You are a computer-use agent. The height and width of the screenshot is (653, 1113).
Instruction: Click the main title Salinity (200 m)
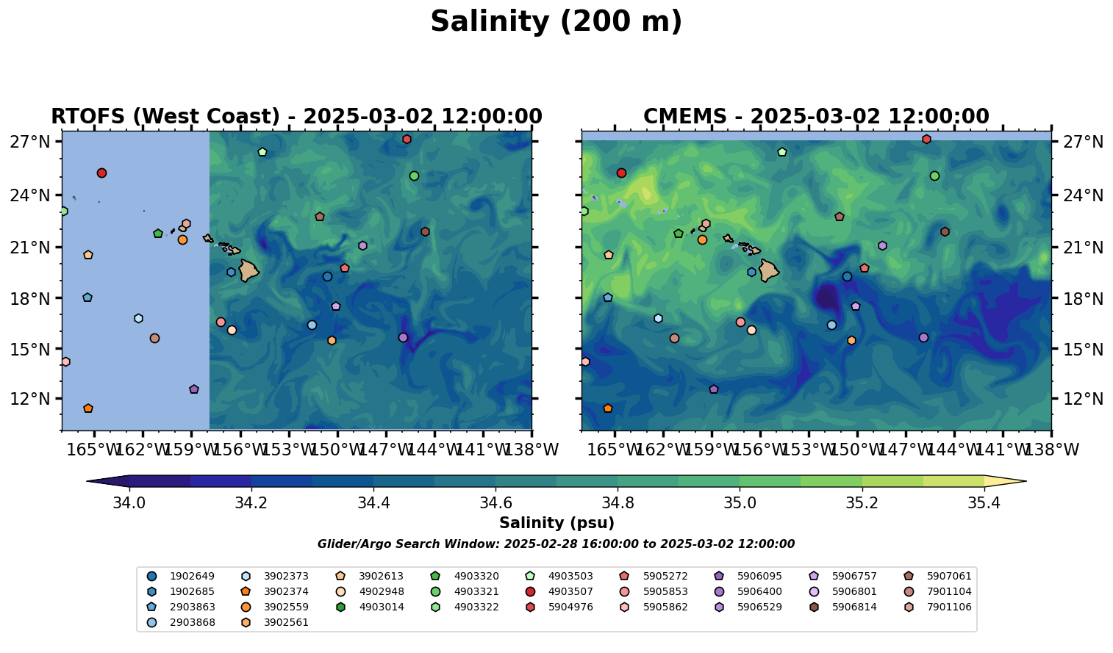556,22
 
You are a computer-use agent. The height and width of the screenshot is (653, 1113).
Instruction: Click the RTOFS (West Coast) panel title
296,117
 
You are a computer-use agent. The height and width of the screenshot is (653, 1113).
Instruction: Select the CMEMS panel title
816,117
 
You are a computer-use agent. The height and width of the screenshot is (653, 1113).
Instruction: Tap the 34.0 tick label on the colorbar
129,503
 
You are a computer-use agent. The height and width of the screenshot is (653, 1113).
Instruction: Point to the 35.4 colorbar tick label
984,503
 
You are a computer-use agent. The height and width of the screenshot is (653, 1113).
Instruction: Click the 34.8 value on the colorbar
618,503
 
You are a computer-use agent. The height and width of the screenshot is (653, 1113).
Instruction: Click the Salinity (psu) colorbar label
556,523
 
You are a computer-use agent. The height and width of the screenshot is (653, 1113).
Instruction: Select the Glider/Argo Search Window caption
556,544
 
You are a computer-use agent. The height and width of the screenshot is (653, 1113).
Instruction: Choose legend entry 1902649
182,576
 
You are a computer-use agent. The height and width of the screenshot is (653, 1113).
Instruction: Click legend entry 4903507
570,591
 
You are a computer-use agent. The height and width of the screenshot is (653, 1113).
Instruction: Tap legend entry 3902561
286,622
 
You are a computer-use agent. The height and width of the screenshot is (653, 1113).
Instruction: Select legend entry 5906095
759,576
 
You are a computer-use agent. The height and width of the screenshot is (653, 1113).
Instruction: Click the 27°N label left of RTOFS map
29,142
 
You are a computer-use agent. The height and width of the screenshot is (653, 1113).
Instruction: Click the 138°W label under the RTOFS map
532,449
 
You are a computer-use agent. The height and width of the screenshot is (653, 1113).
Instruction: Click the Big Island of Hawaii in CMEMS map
769,270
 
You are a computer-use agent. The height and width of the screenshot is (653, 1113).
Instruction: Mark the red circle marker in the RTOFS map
101,173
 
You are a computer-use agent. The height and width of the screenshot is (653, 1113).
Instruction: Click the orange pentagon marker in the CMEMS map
607,408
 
